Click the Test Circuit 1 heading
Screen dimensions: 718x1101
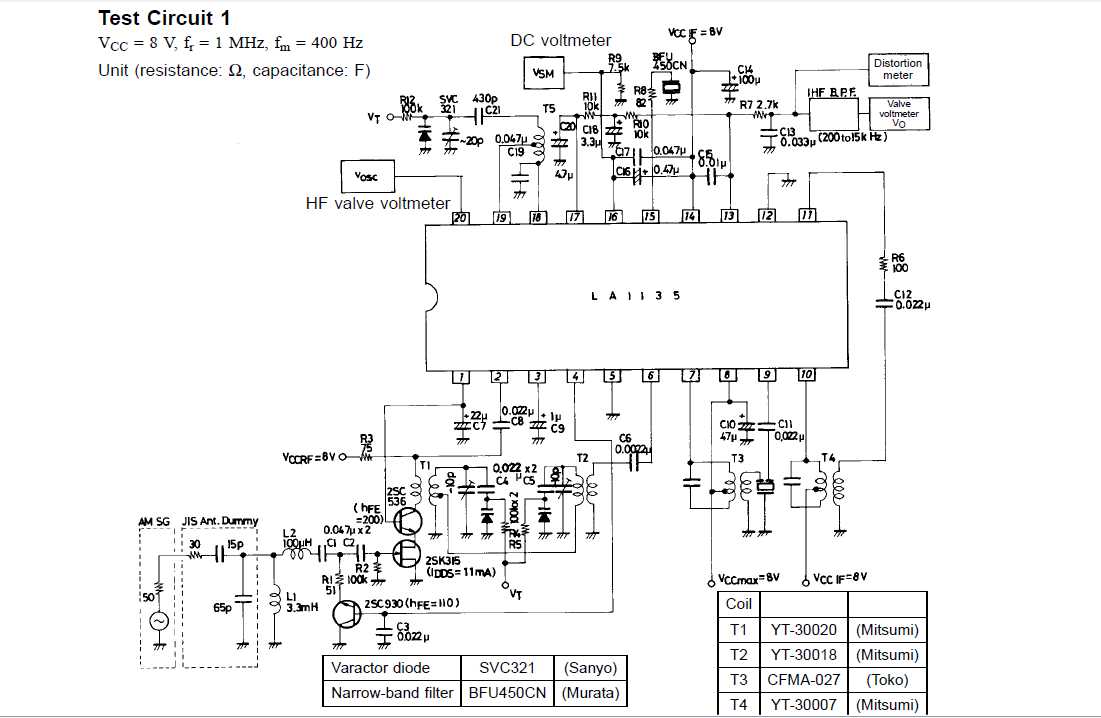pos(164,18)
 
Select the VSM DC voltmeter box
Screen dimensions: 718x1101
pos(543,73)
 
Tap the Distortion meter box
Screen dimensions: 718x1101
pos(897,69)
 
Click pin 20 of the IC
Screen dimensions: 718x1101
pos(460,217)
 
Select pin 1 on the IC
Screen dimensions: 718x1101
pos(460,377)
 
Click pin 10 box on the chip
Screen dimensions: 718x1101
pos(806,377)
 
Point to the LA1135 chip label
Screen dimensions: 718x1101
pos(636,296)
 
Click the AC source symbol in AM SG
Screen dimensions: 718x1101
pos(158,621)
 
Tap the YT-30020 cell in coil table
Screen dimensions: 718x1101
pos(803,630)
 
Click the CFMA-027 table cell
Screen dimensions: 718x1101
pos(803,680)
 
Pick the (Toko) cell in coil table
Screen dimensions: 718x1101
pos(886,680)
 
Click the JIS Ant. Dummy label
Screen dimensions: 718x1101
pos(220,521)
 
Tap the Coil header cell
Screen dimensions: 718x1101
pos(739,604)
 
